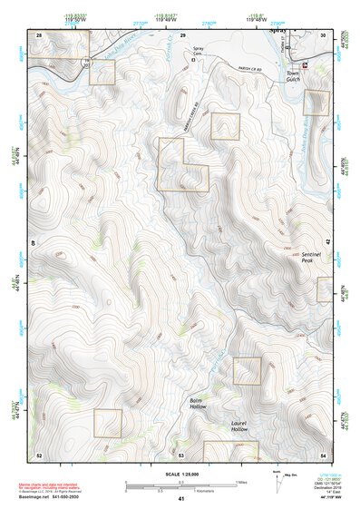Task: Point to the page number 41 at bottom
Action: tap(181, 499)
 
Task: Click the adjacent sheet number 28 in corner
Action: tap(39, 34)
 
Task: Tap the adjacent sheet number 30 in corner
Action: tap(324, 34)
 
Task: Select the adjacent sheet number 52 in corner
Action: tap(39, 454)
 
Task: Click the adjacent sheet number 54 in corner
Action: tap(323, 454)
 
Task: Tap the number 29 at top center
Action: tap(182, 34)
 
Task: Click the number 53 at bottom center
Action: tap(180, 454)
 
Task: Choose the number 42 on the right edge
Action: tap(326, 243)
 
